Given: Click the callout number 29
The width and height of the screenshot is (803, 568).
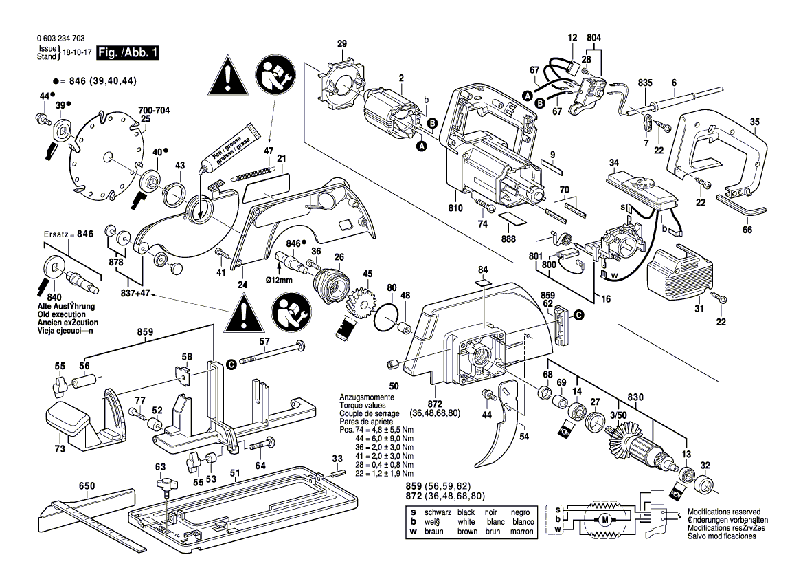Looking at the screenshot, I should click(342, 45).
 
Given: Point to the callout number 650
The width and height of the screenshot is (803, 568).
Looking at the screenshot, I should click(87, 486).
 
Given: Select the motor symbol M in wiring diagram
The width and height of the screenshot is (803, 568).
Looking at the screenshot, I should click(604, 519).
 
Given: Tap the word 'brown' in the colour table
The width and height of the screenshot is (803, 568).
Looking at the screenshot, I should click(467, 531).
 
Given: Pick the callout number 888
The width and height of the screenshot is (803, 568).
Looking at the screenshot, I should click(509, 239).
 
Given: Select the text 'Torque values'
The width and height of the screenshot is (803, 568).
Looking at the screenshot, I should click(361, 406).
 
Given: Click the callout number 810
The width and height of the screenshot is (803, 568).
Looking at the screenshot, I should click(455, 208).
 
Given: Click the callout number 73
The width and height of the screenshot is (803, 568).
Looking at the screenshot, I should click(60, 449).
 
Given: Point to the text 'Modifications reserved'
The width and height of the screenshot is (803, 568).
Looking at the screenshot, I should click(724, 512).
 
